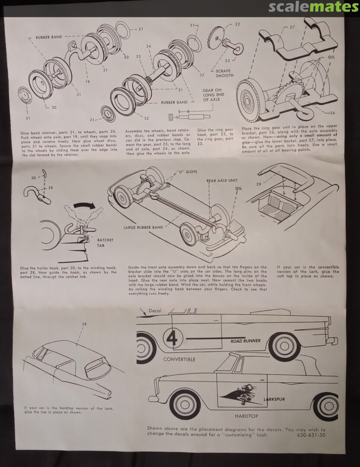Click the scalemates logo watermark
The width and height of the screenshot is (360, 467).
click(313, 7)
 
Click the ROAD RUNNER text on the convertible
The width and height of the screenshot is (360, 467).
click(245, 341)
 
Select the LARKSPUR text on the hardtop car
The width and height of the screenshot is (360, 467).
click(274, 399)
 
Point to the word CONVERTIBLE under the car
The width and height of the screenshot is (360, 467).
click(179, 359)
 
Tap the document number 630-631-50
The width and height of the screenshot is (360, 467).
click(311, 435)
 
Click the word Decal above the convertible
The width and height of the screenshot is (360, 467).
click(155, 310)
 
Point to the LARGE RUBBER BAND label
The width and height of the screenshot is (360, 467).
click(143, 227)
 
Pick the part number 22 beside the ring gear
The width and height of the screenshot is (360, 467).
click(237, 24)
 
